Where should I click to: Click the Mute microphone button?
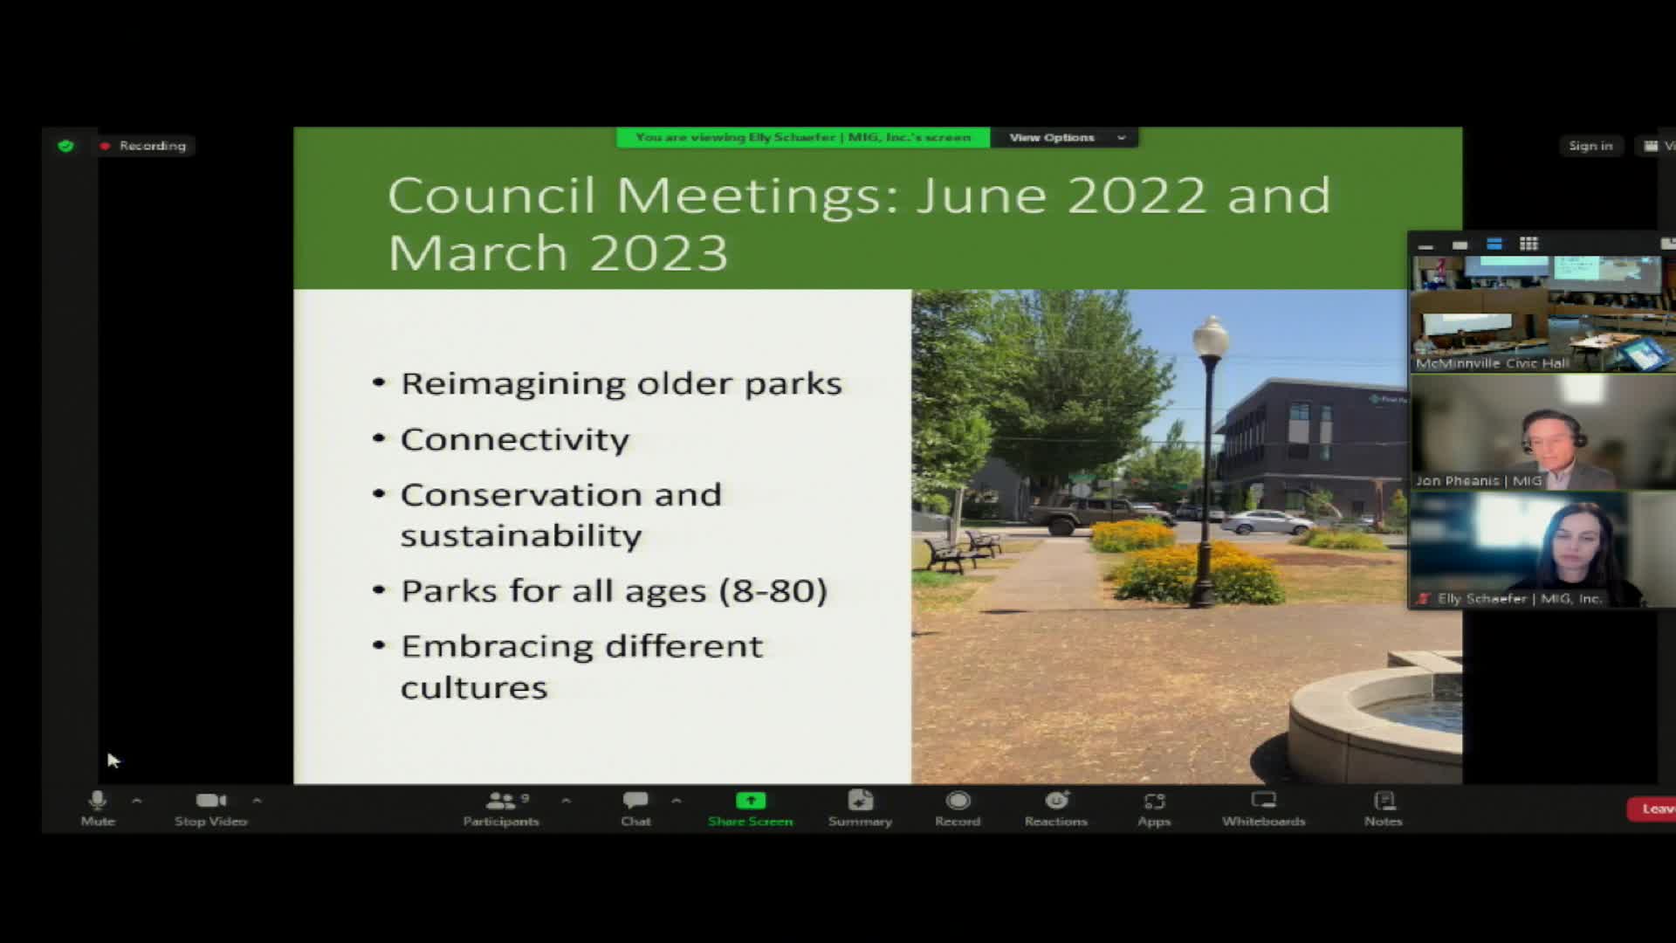tap(98, 808)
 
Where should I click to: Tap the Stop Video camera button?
tap(210, 808)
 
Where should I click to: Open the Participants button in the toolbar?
tap(501, 808)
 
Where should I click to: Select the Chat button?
tap(635, 808)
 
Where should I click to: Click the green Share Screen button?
tap(751, 808)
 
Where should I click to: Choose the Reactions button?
tap(1056, 808)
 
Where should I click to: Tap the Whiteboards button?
tap(1263, 808)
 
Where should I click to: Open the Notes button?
tap(1384, 808)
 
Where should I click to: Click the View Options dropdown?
tap(1064, 137)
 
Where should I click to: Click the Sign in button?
tap(1590, 146)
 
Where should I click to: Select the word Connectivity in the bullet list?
tap(514, 439)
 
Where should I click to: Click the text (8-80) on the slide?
tap(773, 591)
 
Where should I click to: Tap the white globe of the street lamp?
tap(1211, 335)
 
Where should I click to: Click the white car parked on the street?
tap(1266, 522)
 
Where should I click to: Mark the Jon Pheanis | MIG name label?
tap(1479, 480)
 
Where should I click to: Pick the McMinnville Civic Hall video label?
tap(1492, 363)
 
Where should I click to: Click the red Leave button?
tap(1653, 809)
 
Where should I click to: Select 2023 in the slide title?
tap(658, 253)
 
